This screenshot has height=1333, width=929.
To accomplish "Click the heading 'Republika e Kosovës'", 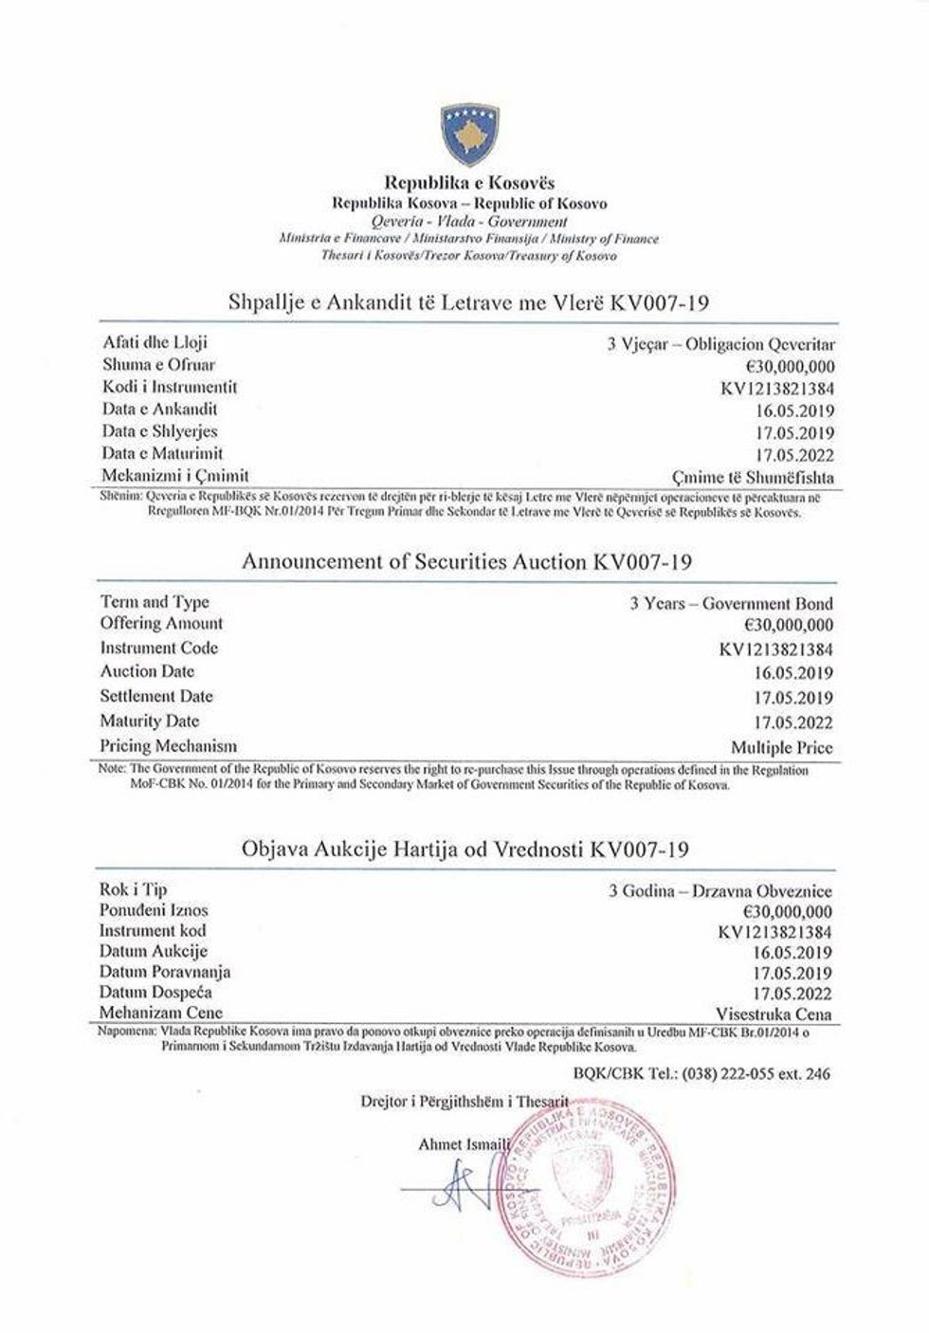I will click(x=468, y=182).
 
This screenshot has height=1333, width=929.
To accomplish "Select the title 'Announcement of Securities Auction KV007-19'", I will click(x=466, y=561).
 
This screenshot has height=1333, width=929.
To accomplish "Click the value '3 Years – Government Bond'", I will click(x=731, y=603).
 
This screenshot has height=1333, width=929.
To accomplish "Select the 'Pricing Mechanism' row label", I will click(x=168, y=745).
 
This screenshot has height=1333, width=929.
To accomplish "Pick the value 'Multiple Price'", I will click(x=782, y=746).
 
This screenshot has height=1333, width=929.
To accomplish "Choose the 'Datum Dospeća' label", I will click(x=155, y=992).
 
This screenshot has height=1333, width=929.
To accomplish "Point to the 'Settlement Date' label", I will click(x=156, y=696).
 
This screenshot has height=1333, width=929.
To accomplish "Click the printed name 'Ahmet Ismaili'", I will click(x=464, y=1145).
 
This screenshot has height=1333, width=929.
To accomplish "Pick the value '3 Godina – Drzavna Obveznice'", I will click(x=720, y=891).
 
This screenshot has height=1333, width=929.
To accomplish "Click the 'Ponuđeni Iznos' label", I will click(x=154, y=910).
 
